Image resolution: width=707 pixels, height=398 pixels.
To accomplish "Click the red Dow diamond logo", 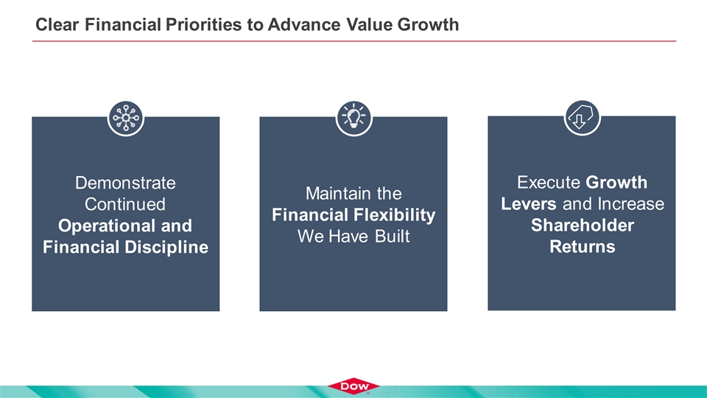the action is coord(353,386).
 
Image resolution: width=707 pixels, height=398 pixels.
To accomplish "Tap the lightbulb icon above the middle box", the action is coord(354,118).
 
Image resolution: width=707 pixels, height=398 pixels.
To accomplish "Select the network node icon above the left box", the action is coord(126,118).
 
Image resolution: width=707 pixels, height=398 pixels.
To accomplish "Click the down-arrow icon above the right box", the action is coord(582,118).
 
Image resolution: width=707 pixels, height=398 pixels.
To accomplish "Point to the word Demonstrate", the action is coord(125,183).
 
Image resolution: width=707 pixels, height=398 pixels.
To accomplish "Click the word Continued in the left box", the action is coord(125,204).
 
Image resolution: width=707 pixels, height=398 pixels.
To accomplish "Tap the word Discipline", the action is coord(166,247).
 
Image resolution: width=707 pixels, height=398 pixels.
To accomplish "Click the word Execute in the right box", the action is coord(548,182).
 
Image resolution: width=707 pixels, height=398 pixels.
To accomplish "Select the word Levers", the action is coord(529,203).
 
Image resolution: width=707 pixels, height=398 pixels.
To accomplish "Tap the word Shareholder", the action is coord(582,225).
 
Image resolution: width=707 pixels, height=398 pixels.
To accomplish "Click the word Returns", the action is coord(582,246).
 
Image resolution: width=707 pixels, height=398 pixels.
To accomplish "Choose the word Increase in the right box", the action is coord(631,203).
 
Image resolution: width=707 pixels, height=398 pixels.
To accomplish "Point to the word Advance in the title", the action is coord(304,24).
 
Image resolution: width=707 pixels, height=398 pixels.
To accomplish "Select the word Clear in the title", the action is coord(57,24).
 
